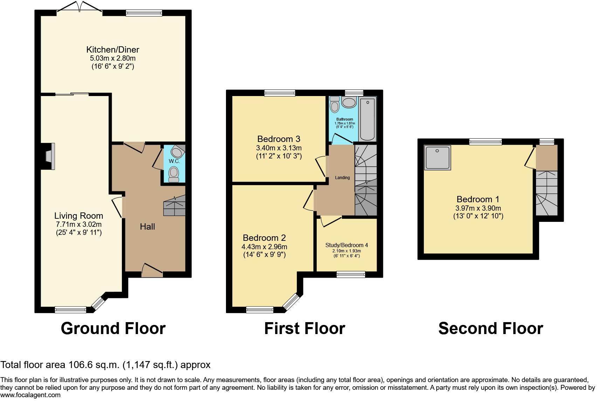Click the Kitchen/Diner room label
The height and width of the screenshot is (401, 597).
point(112,49)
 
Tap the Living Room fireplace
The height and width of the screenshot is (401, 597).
point(48,156)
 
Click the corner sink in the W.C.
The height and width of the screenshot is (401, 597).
point(178,151)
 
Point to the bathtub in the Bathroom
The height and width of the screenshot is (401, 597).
point(367,119)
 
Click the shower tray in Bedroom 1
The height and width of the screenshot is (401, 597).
point(437,158)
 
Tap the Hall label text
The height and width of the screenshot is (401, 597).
point(147,227)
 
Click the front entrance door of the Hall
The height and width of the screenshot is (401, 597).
point(152,271)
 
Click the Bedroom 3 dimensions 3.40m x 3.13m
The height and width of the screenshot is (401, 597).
point(279,148)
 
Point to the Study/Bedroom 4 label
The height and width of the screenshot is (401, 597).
point(346,245)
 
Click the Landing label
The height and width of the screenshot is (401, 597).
point(342,178)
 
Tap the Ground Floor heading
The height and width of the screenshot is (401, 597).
point(113,328)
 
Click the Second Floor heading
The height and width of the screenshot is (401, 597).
point(490,328)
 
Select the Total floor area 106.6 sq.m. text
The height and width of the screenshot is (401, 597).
point(105,365)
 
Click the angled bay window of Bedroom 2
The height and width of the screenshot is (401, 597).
point(291,302)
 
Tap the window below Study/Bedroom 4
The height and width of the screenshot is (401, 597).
point(351,274)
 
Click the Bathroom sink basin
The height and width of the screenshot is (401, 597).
point(349,102)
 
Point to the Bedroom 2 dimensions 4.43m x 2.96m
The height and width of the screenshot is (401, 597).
point(264,247)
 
